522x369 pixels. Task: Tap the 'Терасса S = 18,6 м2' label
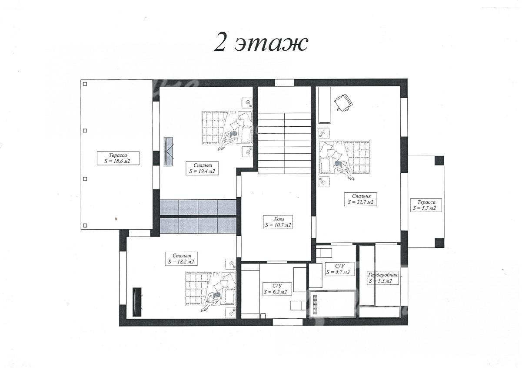118,158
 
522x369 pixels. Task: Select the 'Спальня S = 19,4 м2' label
202,168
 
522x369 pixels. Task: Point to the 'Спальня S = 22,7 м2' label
360,199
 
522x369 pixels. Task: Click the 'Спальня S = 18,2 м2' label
181,259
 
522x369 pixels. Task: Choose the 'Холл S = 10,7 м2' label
278,222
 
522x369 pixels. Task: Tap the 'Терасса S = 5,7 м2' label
426,205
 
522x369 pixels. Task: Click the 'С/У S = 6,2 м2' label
277,289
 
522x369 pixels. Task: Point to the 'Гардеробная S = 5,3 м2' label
382,278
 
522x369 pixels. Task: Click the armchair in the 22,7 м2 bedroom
343,102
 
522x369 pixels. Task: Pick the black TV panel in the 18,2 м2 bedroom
137,302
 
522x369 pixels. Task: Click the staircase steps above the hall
284,143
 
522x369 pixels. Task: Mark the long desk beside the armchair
324,105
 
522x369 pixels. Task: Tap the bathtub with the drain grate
332,303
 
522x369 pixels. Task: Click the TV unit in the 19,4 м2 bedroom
168,152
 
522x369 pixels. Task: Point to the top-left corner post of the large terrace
85,84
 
